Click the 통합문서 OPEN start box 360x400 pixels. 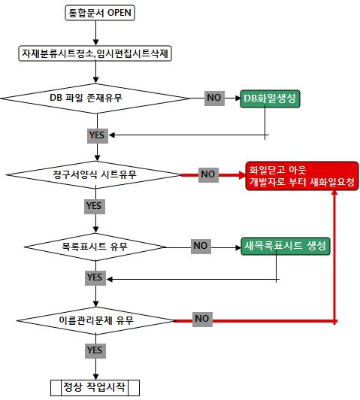point(100,13)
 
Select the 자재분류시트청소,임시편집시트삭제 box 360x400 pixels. point(95,53)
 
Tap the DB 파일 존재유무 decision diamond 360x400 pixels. point(95,98)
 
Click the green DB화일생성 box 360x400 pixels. point(270,98)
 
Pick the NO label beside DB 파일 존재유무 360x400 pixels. point(214,98)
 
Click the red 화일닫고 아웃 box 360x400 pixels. point(302,176)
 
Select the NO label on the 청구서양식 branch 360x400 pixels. point(208,174)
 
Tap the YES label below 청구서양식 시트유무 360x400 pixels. point(95,206)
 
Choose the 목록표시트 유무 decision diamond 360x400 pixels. point(95,247)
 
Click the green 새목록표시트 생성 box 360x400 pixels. point(286,246)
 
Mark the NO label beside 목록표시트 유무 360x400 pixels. point(201,246)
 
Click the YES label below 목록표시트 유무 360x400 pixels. point(95,277)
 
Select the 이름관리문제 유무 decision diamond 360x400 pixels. point(96,320)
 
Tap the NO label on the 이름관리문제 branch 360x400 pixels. point(202,319)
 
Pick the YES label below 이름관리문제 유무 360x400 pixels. point(95,351)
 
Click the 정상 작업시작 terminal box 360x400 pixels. point(95,387)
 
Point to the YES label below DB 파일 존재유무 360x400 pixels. point(98,135)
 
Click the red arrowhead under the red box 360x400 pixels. point(334,192)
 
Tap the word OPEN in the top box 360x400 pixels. point(119,13)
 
